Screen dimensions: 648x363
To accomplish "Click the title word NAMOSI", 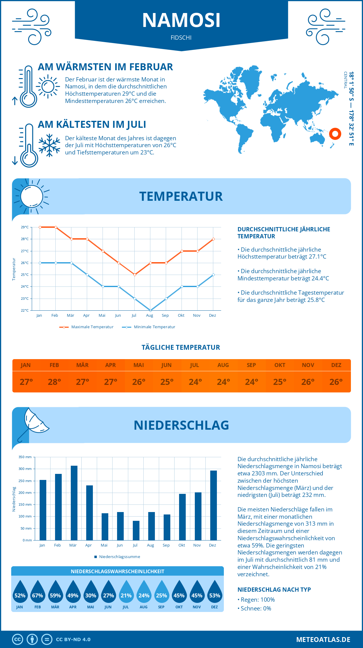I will coord(181,20).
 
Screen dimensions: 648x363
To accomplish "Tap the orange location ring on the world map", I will coord(335,134).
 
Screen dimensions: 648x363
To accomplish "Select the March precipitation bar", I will coord(74,503).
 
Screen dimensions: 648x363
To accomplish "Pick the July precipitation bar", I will coord(136,530).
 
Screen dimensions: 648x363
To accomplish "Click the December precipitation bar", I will coord(214,505).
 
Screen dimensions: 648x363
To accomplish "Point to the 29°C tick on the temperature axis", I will coord(25,227).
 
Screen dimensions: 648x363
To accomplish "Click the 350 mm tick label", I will coord(25,457).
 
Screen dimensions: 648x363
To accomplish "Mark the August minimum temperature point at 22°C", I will coord(150,310).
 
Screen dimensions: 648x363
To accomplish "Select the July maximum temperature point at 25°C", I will coord(135,275).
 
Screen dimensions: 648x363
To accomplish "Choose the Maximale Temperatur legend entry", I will coord(87,327).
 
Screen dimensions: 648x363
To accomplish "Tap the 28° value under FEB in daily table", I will coord(54,382).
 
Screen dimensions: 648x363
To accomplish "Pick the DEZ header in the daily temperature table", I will coord(336,365).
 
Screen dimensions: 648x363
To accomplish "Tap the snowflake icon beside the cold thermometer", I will coord(49,145).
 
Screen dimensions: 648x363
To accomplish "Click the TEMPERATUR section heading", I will coord(181,196).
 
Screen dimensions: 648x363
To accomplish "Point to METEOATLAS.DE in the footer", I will coord(323,640).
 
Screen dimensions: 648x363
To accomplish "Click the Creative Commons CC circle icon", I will coord(18,640).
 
